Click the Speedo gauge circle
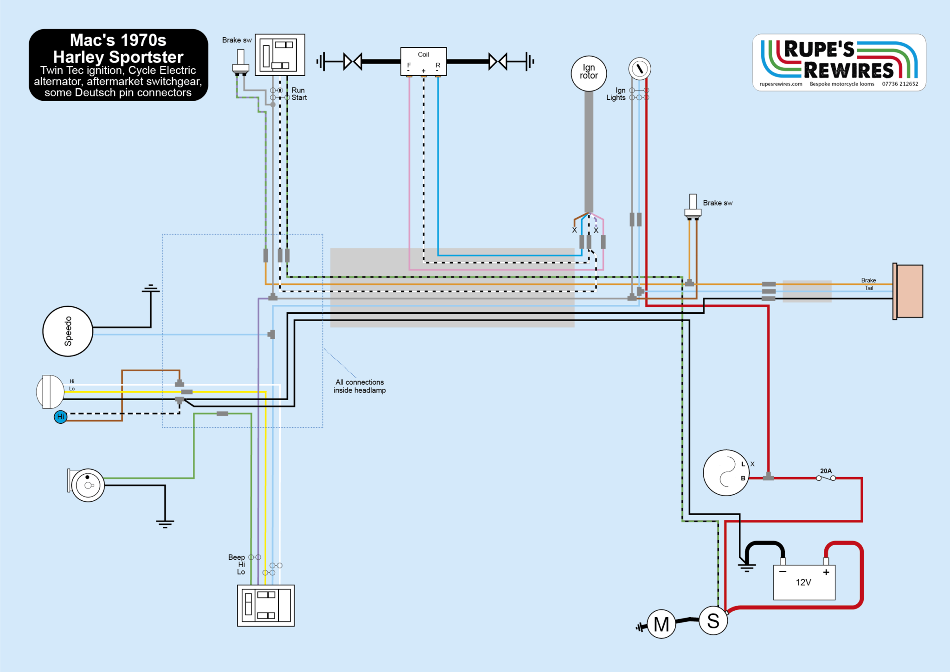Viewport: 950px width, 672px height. [68, 331]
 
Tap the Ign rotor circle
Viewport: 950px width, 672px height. [589, 73]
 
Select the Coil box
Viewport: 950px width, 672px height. [424, 61]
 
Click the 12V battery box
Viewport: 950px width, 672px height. [804, 582]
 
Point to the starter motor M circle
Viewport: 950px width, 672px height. [661, 624]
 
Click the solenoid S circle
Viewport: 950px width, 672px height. [713, 621]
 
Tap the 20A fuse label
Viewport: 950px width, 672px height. [826, 471]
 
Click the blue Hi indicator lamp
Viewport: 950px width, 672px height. [61, 417]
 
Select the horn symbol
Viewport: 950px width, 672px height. [87, 485]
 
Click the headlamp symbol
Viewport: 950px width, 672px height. [50, 392]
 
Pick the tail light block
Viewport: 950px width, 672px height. [908, 291]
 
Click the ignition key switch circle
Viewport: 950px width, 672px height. [640, 69]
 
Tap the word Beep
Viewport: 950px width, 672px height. [236, 557]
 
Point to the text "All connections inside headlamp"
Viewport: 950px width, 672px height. [359, 386]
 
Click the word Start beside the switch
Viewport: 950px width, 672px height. [299, 98]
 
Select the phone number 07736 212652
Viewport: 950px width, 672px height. [900, 84]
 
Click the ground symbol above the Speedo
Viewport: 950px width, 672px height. [151, 289]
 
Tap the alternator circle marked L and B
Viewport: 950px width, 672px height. [726, 472]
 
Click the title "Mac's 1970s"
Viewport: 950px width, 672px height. [118, 40]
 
